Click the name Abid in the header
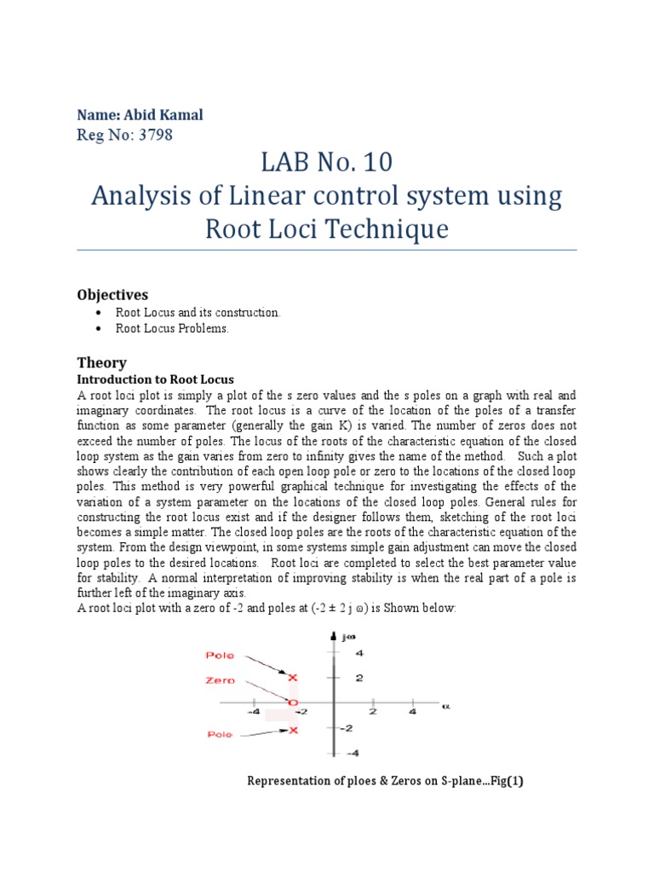coord(141,115)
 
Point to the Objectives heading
coord(112,294)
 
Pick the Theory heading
coord(101,362)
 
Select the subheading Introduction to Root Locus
coord(155,379)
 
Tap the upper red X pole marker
coord(294,678)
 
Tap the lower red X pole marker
coord(294,730)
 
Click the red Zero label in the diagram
coord(221,681)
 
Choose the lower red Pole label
coord(221,734)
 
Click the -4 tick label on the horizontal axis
coord(254,711)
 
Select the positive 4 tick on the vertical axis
coord(359,654)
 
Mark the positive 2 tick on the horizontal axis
coord(372,711)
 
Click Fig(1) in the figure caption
coord(503,781)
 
